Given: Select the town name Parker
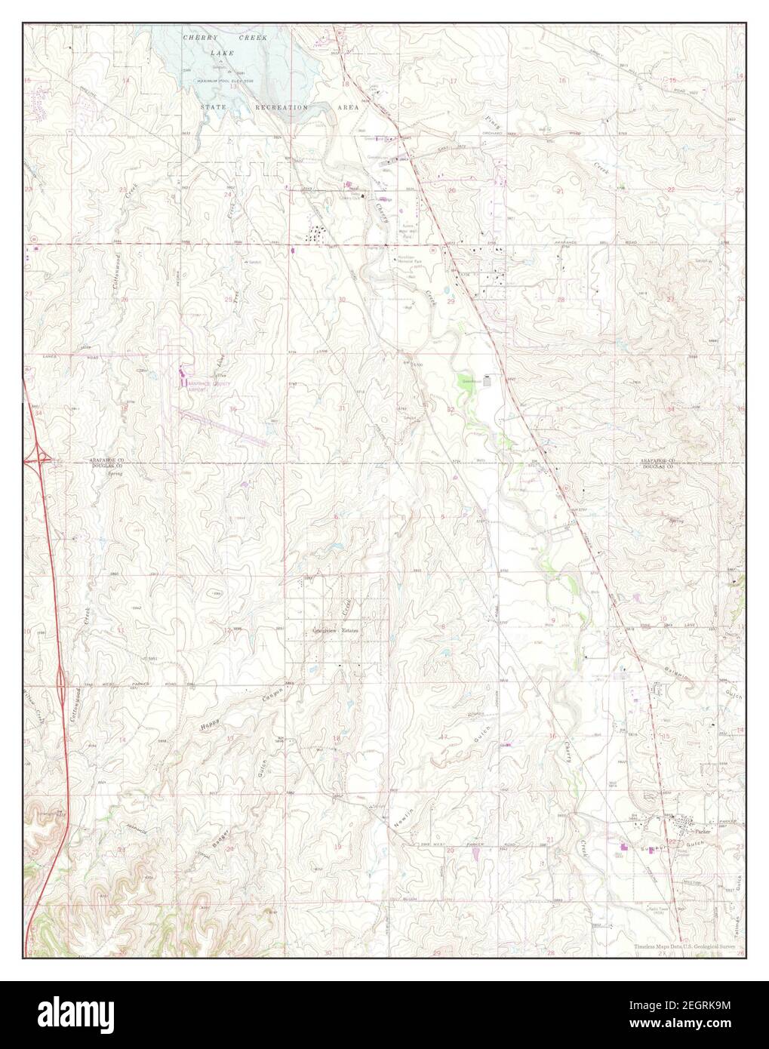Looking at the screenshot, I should pos(703,831).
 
